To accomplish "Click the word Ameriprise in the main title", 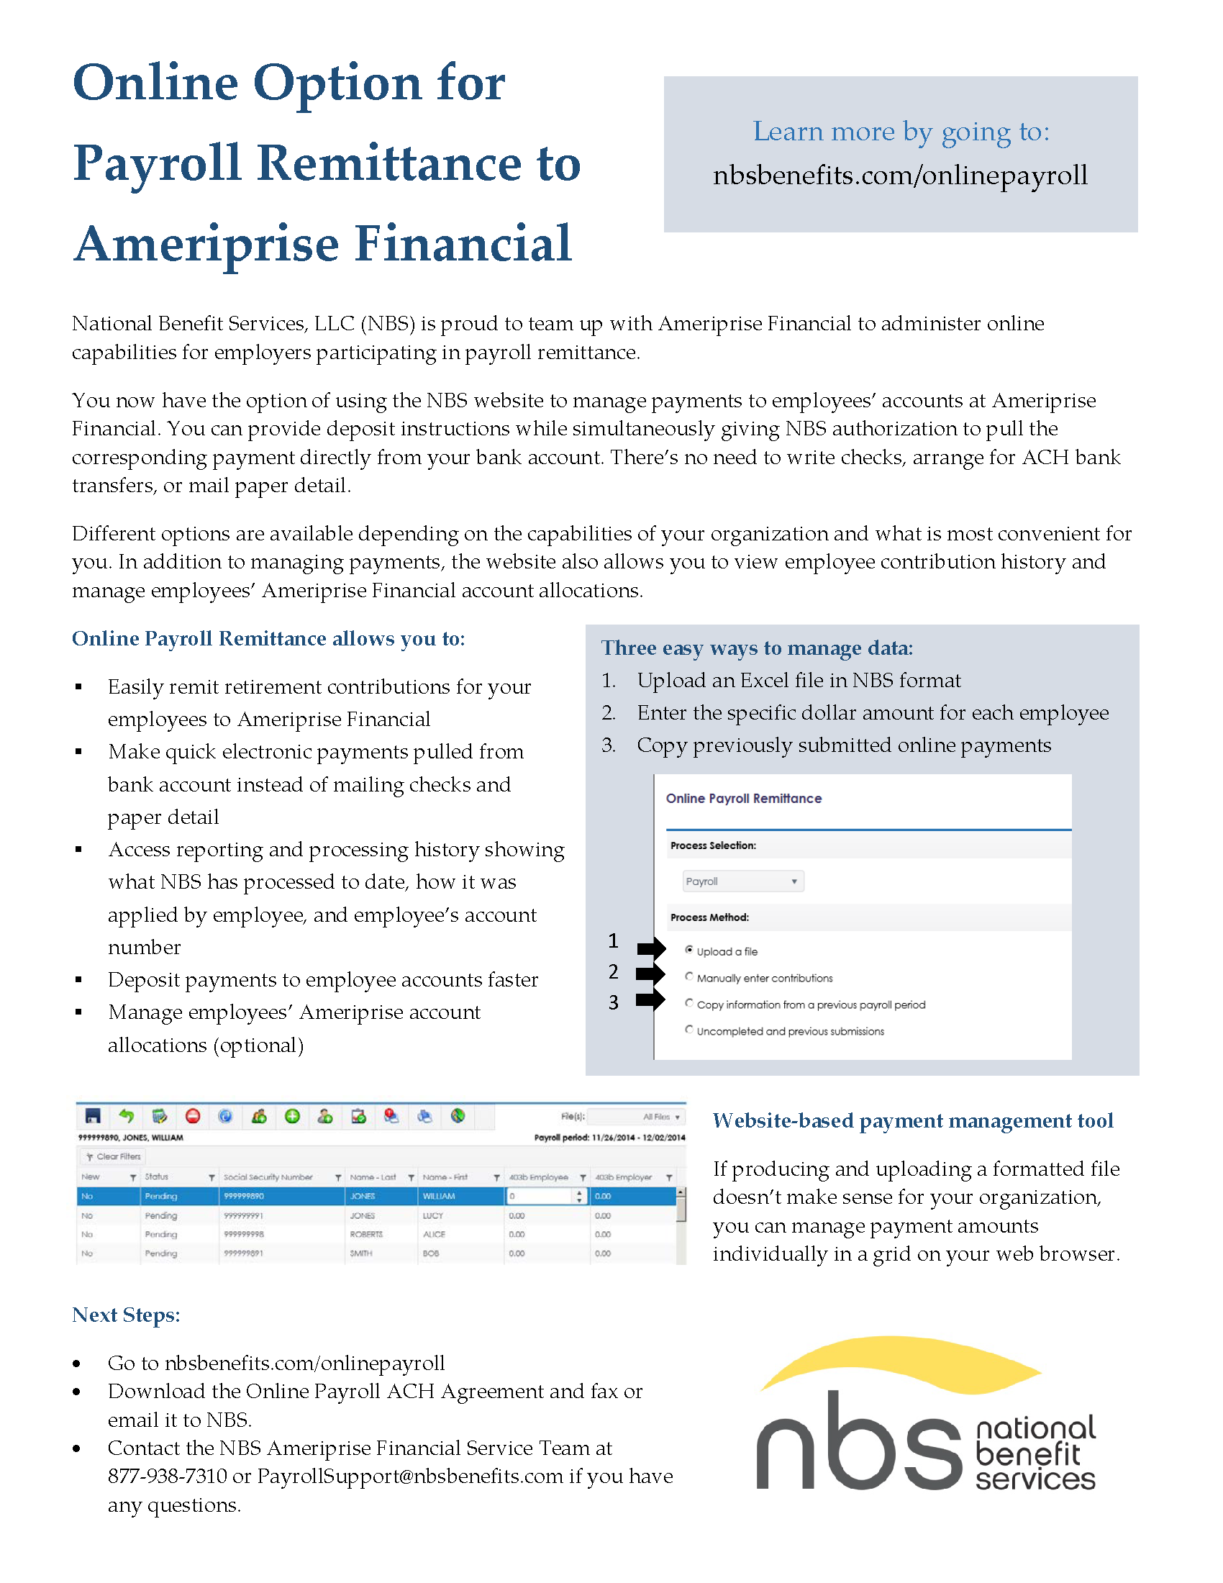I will pos(206,244).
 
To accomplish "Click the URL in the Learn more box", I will pos(900,176).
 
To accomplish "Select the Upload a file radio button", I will pos(689,950).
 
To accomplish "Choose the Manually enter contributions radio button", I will pos(689,976).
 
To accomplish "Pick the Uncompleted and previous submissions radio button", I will pos(689,1030).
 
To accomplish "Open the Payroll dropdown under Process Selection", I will pos(742,881).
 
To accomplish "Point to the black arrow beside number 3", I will pos(650,1000).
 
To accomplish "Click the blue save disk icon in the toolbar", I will pos(93,1116).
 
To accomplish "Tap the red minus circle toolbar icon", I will pos(193,1116).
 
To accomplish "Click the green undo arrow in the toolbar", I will pos(127,1116).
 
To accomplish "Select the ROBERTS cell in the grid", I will pos(367,1234).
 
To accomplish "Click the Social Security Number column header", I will pos(268,1177).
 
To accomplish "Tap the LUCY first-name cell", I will pos(433,1215).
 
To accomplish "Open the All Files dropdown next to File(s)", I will pos(660,1117).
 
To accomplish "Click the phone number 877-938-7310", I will pos(167,1477).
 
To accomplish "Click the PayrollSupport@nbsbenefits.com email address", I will pos(410,1477).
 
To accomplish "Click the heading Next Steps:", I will pos(126,1315).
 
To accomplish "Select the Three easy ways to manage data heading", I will pos(756,648).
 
